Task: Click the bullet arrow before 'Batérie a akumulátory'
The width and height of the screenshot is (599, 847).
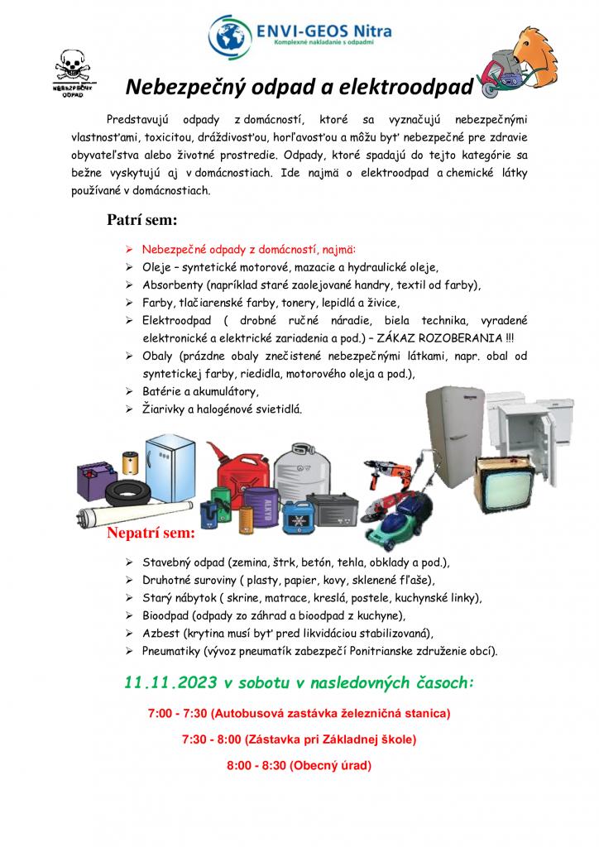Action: click(129, 390)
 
